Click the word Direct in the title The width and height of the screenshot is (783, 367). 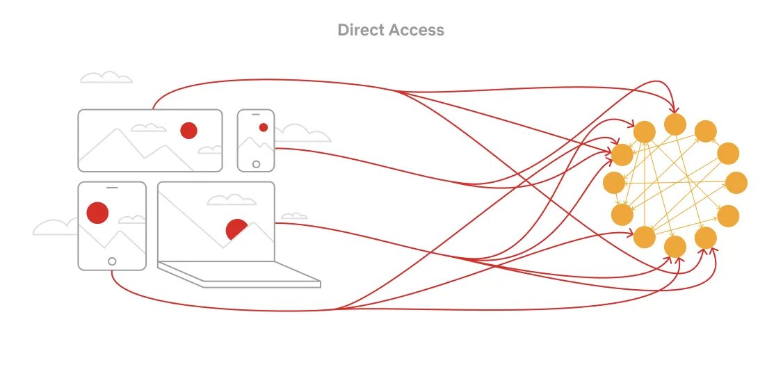tap(359, 30)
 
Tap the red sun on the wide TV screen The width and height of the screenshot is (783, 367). tap(188, 130)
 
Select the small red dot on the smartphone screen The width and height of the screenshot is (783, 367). tap(263, 127)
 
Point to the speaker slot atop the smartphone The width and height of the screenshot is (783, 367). tap(256, 113)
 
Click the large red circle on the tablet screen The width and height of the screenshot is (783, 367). tap(97, 212)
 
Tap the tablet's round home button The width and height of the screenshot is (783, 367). tap(111, 261)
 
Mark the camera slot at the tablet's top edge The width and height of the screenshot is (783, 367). tap(112, 186)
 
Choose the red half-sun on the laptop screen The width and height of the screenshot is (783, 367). tap(237, 229)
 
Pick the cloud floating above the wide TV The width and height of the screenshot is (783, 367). tap(106, 77)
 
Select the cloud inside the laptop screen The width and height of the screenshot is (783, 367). tap(232, 200)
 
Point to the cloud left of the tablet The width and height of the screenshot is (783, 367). tap(56, 227)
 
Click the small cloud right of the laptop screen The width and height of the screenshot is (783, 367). tap(295, 216)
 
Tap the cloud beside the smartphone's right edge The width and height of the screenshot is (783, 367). tap(299, 133)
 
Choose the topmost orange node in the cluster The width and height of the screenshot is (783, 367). tap(675, 124)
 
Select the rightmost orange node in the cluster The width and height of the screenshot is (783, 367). tap(736, 183)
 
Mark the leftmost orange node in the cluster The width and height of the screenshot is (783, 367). tap(614, 183)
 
